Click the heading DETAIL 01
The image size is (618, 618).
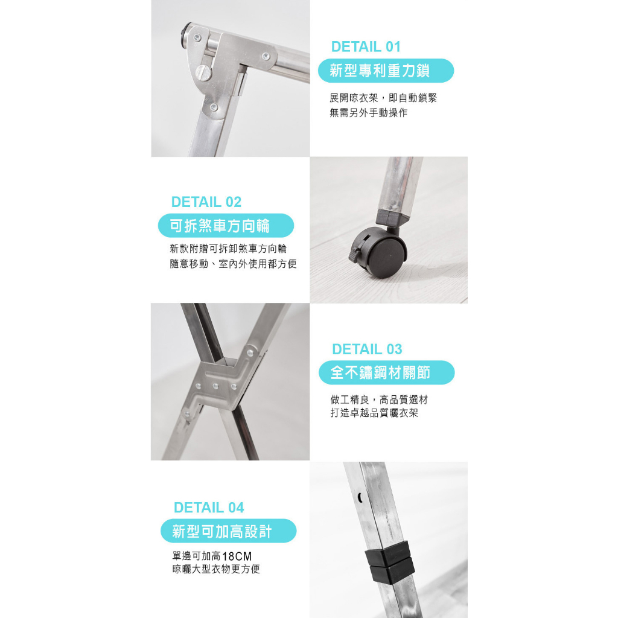tap(366, 46)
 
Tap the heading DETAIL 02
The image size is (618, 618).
tap(206, 202)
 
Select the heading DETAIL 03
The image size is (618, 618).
tap(367, 349)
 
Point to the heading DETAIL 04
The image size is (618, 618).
tap(209, 508)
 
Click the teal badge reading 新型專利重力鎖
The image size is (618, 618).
tap(386, 71)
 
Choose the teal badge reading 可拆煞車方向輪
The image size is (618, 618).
tap(226, 226)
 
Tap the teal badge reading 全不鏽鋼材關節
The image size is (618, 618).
tap(387, 372)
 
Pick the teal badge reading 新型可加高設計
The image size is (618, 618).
tap(229, 531)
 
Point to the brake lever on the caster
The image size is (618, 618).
tap(354, 254)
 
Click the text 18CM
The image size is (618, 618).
tap(237, 556)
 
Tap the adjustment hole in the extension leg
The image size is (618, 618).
tap(360, 497)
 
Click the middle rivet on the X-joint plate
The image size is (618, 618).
tap(215, 386)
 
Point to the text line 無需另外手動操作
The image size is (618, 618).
tap(369, 113)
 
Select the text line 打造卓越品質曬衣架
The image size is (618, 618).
tap(374, 413)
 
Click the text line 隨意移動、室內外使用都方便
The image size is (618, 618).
tap(234, 264)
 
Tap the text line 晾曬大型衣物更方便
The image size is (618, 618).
tap(216, 569)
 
